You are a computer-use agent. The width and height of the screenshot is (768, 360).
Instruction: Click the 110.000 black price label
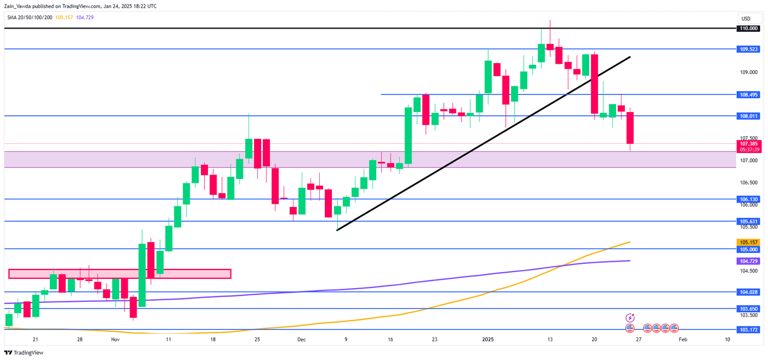[749, 28]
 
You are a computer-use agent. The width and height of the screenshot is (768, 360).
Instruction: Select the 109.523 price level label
[749, 49]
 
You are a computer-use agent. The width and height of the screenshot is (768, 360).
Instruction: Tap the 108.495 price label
[749, 94]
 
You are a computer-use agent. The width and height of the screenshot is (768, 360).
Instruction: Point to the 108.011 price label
[749, 116]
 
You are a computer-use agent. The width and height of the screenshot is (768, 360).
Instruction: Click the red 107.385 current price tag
[749, 144]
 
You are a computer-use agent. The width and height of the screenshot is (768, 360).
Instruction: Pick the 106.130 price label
[749, 199]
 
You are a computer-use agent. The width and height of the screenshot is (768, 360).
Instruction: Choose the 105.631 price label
[749, 221]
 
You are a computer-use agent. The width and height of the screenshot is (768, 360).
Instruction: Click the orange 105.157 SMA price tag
[749, 242]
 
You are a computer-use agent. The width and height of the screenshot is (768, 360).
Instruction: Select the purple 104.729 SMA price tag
[749, 261]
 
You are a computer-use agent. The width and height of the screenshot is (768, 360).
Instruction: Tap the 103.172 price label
[749, 330]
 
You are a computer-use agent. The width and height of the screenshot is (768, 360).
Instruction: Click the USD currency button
[746, 18]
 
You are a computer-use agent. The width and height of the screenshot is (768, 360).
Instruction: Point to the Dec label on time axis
[302, 340]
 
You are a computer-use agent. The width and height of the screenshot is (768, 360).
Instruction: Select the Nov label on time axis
[115, 340]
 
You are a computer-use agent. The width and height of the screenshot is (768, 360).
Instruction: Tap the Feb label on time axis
[682, 340]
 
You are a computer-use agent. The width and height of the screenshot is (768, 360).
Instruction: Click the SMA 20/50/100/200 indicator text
[30, 17]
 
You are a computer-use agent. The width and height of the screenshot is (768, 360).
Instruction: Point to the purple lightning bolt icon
[630, 318]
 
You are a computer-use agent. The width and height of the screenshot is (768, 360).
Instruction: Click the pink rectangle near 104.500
[120, 273]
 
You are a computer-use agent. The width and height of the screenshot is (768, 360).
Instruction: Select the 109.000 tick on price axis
[748, 72]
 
